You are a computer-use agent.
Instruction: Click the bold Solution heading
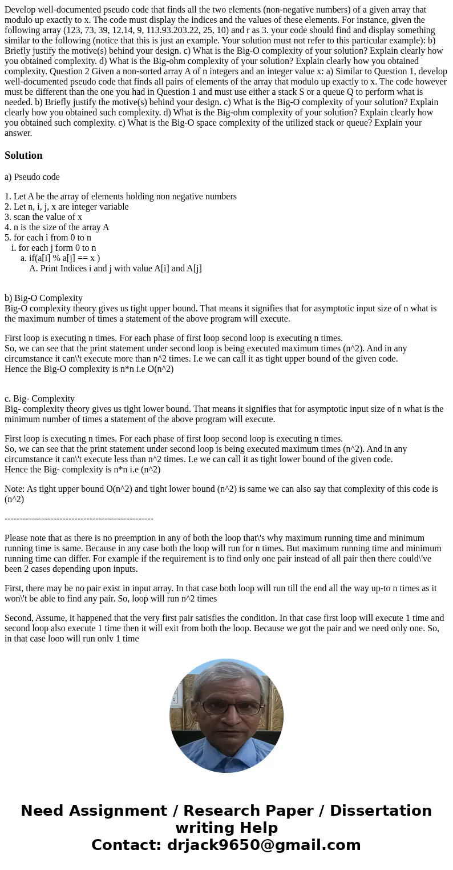pos(23,155)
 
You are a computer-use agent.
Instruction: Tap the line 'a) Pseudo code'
pos(32,177)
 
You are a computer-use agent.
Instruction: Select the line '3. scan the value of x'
pos(43,217)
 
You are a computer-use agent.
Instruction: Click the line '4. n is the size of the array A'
pos(56,227)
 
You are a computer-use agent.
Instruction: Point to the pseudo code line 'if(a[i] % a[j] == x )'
pos(64,258)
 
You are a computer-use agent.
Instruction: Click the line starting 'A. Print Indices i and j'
pos(115,268)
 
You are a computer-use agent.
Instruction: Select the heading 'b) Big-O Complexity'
pos(44,298)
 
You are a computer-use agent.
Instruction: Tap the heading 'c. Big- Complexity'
pos(39,399)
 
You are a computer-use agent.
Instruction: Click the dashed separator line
pos(79,518)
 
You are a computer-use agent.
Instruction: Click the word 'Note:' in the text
pos(15,489)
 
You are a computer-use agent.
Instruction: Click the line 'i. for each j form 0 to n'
pos(54,248)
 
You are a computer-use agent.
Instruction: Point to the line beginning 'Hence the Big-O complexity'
pos(89,369)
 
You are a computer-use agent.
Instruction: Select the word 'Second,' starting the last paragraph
pos(20,618)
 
